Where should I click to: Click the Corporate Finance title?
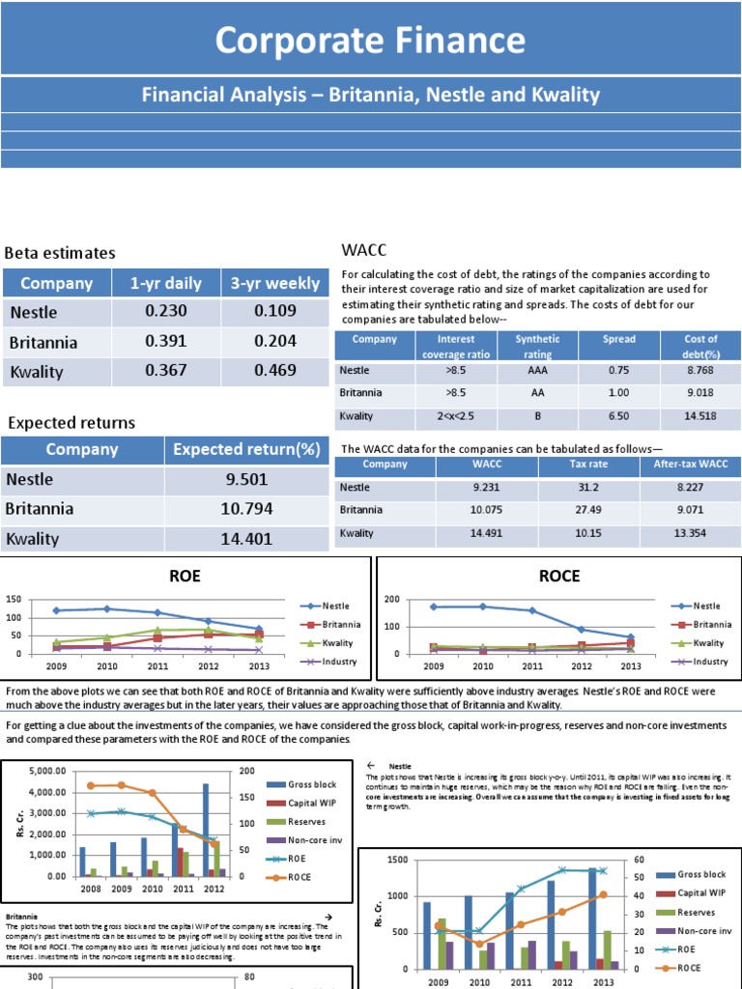(370, 41)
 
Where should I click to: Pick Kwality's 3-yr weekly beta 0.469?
(274, 372)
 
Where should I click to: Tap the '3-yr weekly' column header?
(274, 283)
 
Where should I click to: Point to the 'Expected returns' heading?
(71, 423)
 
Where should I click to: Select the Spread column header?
(619, 339)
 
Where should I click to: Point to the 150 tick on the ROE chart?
(14, 600)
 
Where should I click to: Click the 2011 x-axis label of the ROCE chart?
(532, 666)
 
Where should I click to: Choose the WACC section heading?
(364, 250)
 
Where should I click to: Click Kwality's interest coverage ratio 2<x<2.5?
(456, 416)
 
